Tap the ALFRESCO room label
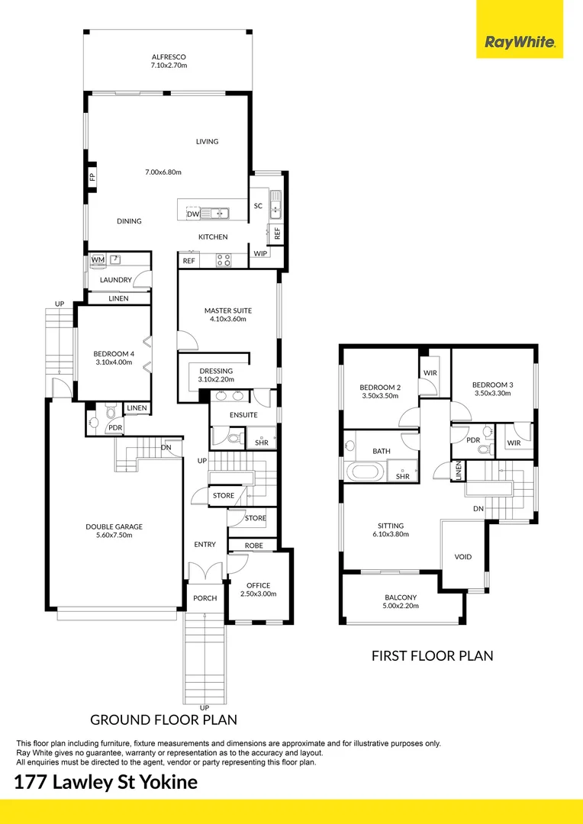[169, 57]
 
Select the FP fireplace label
[92, 177]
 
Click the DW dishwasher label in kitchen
[193, 214]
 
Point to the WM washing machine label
[98, 260]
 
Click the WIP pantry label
[260, 253]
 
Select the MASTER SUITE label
[227, 311]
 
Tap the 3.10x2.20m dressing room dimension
[216, 379]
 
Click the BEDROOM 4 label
[113, 353]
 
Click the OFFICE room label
[258, 585]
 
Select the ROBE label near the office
[254, 546]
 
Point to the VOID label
[462, 557]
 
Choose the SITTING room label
[391, 525]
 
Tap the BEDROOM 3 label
[492, 385]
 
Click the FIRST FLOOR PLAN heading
[432, 655]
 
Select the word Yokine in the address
[166, 782]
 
